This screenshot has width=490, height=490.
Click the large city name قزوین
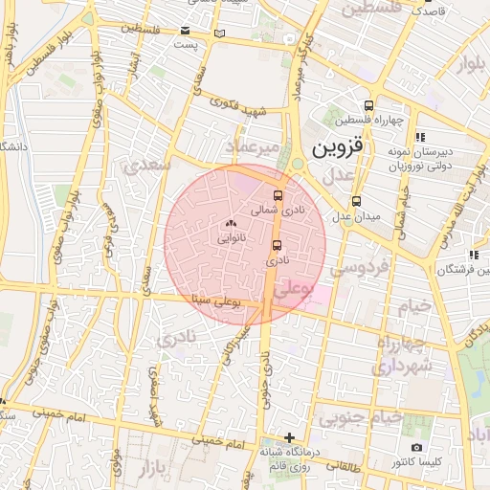pos(338,148)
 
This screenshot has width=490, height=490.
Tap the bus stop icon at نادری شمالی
pos(278,195)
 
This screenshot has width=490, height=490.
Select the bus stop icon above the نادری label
pos(277,245)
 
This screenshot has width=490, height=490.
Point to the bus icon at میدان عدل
pos(356,202)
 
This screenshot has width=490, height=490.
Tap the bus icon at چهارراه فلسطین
pos(368,106)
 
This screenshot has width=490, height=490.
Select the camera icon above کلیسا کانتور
pos(416,448)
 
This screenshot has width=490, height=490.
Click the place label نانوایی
pos(230,240)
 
